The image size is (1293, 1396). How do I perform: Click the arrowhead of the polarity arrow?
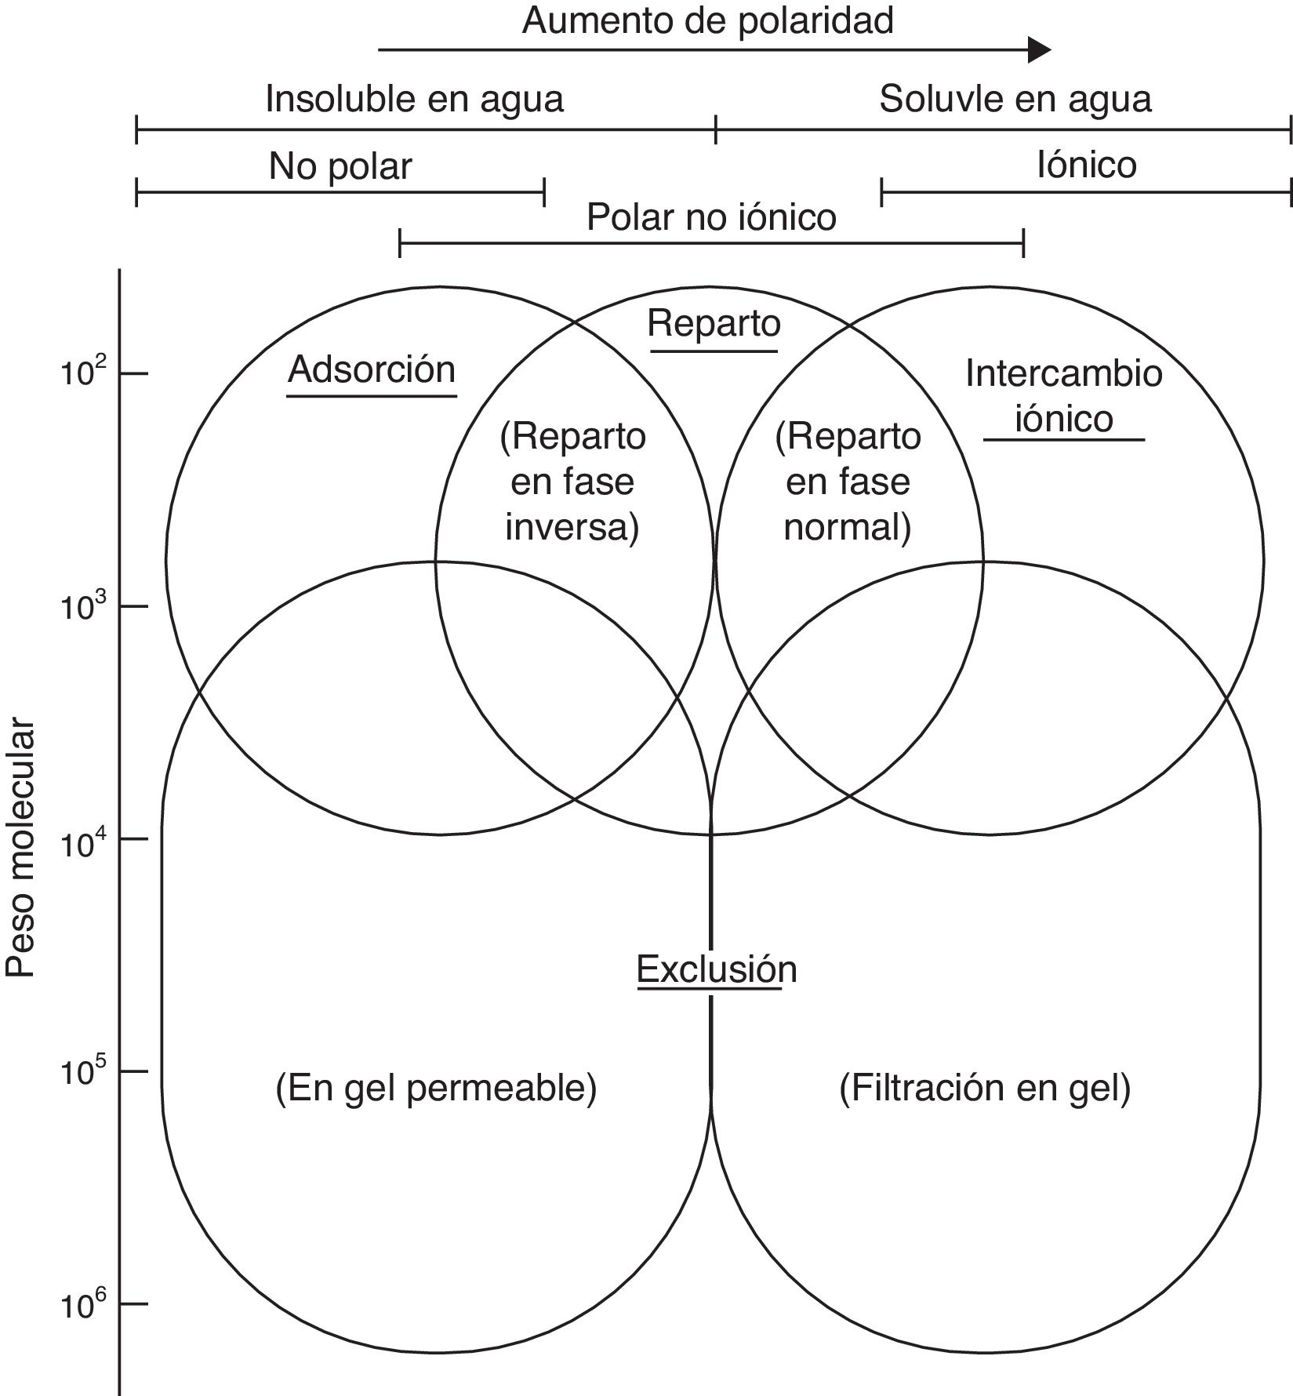pyautogui.click(x=1039, y=50)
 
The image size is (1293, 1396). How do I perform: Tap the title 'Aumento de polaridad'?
pyautogui.click(x=707, y=21)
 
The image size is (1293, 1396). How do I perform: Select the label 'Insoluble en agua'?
pyautogui.click(x=414, y=100)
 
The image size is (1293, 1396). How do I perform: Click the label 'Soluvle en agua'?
pyautogui.click(x=1015, y=100)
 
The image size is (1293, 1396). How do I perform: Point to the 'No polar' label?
pyautogui.click(x=340, y=166)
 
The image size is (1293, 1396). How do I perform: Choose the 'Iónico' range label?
pyautogui.click(x=1086, y=165)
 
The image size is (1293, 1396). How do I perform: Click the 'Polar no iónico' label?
pyautogui.click(x=711, y=217)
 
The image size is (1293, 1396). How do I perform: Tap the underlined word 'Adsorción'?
pyautogui.click(x=372, y=369)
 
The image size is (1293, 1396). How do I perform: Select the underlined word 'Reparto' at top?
pyautogui.click(x=714, y=324)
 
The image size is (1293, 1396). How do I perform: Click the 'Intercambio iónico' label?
pyautogui.click(x=1063, y=395)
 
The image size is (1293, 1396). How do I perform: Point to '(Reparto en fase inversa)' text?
pyautogui.click(x=572, y=482)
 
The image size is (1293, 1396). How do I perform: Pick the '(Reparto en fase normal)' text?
pyautogui.click(x=848, y=482)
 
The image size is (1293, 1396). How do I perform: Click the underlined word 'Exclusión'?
pyautogui.click(x=716, y=969)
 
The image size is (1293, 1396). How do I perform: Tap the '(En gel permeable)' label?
pyautogui.click(x=436, y=1088)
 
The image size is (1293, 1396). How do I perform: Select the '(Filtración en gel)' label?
pyautogui.click(x=985, y=1088)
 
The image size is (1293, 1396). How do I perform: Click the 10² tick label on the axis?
pyautogui.click(x=81, y=373)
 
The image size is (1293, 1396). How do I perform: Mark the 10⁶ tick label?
pyautogui.click(x=81, y=1304)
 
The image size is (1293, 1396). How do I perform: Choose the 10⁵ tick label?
pyautogui.click(x=81, y=1071)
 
